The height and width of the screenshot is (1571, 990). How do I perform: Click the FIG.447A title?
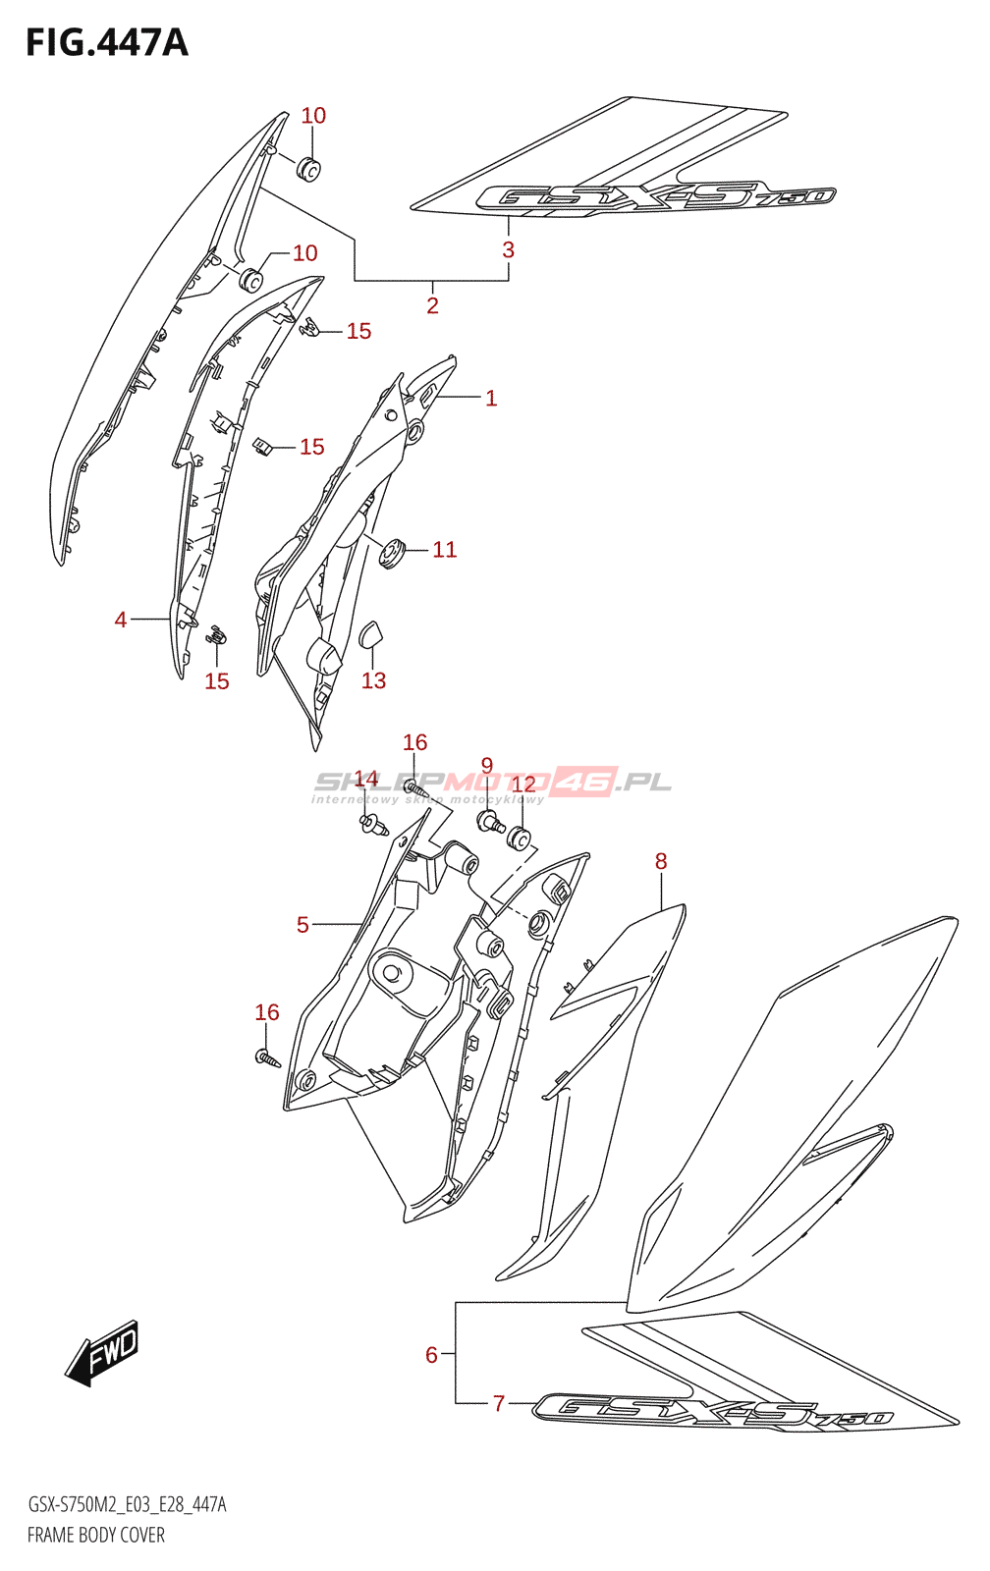coord(106,43)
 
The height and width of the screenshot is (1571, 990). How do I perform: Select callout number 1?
coord(491,398)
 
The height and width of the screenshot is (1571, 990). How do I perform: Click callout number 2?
coord(432,305)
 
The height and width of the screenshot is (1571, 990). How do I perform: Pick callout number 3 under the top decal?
coord(508,249)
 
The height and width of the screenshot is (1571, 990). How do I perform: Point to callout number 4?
coord(121,620)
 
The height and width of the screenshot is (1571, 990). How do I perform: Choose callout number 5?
coord(302,924)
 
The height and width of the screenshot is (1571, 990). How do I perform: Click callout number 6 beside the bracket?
coord(431,1354)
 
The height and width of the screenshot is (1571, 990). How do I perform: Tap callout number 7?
coord(499,1403)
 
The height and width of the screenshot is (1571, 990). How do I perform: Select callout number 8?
coord(661,861)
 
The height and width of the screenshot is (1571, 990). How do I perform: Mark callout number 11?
coord(445,550)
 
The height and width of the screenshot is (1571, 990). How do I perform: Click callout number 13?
coord(373,680)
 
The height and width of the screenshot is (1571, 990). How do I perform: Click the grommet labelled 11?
coord(393,554)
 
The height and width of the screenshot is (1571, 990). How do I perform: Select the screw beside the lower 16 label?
coord(267,1058)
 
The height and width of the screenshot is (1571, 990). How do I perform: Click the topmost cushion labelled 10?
coord(309,169)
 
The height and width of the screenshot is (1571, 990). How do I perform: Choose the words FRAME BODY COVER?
coord(96,1535)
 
